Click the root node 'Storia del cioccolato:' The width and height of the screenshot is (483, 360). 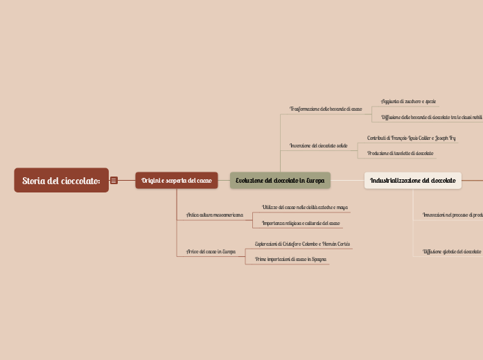61,181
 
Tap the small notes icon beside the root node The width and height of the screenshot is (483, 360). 114,181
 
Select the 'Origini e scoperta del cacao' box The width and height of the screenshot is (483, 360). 177,181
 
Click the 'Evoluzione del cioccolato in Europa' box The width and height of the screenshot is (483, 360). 280,181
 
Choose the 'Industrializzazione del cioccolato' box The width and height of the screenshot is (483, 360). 413,181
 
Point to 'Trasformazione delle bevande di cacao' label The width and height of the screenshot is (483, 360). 326,109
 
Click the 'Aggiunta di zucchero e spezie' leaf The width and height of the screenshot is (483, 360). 409,102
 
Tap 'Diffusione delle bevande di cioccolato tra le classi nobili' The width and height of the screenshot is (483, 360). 431,117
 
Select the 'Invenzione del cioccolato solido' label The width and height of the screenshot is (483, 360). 319,145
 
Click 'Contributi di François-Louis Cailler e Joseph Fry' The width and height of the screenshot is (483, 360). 412,138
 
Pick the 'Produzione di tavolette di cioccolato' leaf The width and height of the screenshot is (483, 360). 401,153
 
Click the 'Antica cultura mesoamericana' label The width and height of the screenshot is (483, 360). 215,215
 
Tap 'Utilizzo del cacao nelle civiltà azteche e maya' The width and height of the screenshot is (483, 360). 305,208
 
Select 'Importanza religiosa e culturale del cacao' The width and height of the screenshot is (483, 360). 301,223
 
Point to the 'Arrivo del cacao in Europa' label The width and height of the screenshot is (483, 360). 211,251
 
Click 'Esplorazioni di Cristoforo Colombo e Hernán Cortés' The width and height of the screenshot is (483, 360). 302,244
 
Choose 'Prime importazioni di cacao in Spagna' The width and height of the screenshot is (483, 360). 291,259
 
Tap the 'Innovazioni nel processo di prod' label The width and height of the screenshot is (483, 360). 453,215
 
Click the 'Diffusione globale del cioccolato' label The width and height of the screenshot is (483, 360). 452,251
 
